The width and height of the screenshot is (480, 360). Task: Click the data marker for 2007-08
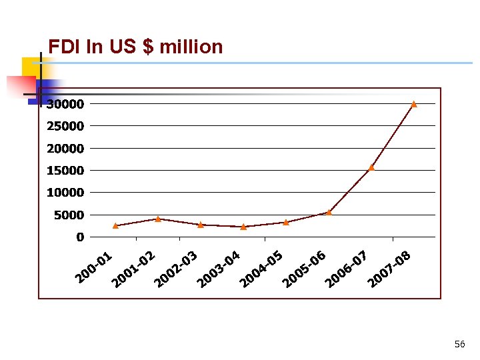coord(414,104)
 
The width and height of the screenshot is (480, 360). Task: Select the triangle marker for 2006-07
coord(371,167)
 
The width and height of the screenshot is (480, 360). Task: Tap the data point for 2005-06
coord(329,213)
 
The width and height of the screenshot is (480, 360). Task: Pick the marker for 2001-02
coord(158,219)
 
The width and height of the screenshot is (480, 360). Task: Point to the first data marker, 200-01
coord(115,226)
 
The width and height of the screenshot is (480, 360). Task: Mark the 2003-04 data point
coord(243,227)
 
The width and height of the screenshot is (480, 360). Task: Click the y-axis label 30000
coord(65,104)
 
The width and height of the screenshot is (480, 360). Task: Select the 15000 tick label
coord(65,171)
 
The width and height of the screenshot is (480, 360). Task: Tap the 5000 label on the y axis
coord(69,215)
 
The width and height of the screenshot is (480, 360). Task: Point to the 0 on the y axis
coord(80,237)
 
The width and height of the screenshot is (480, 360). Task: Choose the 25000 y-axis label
coord(65,126)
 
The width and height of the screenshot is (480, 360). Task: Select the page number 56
coord(459,344)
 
